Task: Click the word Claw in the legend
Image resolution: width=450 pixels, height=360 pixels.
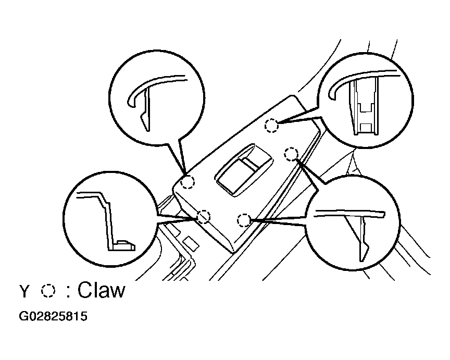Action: [x=102, y=290]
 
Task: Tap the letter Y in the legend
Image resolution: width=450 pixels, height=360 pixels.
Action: [x=24, y=291]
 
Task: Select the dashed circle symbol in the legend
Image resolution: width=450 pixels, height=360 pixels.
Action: [x=48, y=291]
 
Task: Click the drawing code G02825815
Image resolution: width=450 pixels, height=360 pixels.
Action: [x=53, y=316]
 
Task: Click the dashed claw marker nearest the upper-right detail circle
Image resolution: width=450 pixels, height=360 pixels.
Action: [x=271, y=126]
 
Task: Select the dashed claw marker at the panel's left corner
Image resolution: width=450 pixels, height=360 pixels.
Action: [x=187, y=182]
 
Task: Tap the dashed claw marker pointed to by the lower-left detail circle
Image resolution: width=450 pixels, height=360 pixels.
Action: [x=204, y=216]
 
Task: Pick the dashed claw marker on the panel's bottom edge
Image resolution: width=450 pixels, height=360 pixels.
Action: [x=244, y=220]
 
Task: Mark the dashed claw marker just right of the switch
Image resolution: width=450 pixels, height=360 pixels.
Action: [x=291, y=154]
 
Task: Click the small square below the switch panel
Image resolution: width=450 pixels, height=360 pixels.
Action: [x=191, y=243]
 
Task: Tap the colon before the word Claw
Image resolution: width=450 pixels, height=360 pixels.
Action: [x=68, y=291]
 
